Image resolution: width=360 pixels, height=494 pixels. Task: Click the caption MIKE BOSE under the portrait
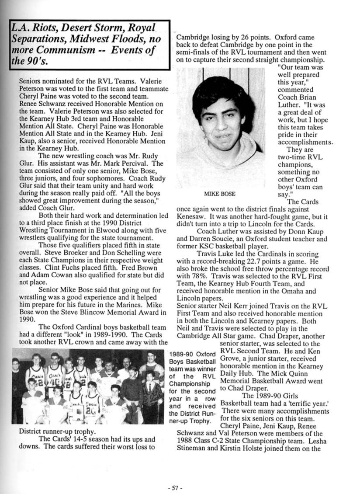(x=220, y=194)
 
